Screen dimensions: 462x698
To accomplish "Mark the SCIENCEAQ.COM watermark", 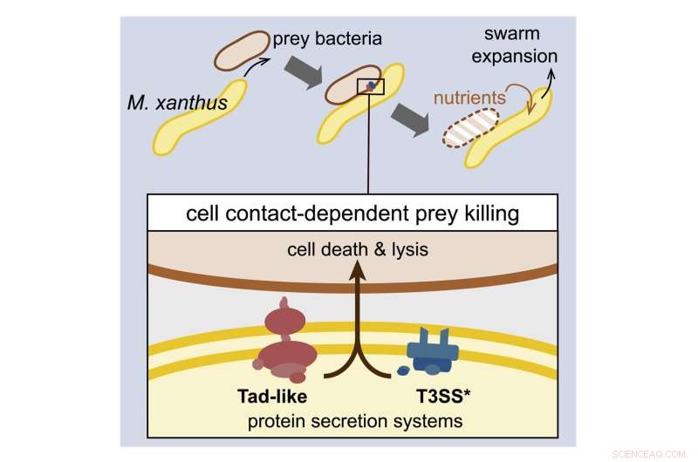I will (651, 454).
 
